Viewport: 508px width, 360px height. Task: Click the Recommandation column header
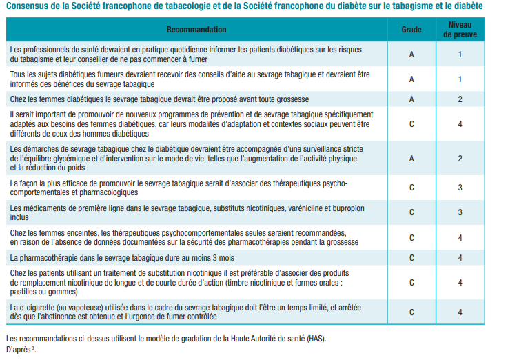[196, 30]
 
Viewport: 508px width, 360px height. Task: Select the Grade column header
[412, 30]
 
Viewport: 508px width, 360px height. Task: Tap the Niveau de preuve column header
[460, 30]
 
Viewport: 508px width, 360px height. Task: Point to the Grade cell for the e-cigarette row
[412, 312]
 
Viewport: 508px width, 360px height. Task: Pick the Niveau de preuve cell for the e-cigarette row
[460, 312]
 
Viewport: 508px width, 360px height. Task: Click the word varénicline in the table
[292, 208]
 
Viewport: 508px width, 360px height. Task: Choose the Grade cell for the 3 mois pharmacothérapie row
[412, 258]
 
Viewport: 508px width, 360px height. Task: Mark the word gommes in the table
[54, 292]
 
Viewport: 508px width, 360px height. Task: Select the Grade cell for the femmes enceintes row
[412, 237]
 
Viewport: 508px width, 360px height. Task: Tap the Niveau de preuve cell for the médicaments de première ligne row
[460, 212]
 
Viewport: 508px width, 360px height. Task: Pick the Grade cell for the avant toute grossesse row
[412, 99]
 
